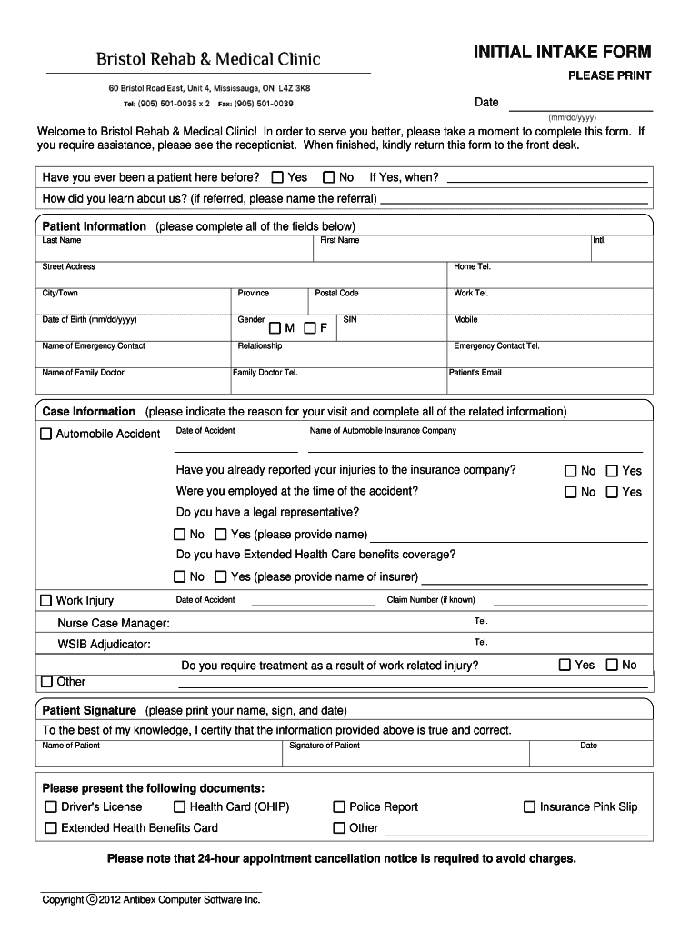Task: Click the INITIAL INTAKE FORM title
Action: tap(562, 52)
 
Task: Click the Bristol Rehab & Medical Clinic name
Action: tap(208, 60)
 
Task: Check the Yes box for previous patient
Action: tap(278, 177)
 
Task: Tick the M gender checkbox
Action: tap(275, 327)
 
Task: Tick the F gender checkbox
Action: tap(310, 327)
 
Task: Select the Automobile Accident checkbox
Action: tap(45, 435)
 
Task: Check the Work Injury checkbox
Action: tap(45, 601)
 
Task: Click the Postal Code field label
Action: tap(336, 294)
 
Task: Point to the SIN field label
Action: tap(350, 320)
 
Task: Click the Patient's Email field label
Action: tap(475, 373)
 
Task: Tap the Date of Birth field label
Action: tap(89, 320)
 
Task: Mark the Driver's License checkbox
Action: tap(51, 807)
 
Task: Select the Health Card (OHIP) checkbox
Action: tap(180, 807)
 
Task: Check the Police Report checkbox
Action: tap(339, 807)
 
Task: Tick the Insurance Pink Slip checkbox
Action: tap(529, 807)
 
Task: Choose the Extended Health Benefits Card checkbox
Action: tap(51, 828)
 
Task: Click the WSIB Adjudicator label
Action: tap(104, 645)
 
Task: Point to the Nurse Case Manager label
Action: tap(113, 624)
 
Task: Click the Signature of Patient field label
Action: tap(324, 746)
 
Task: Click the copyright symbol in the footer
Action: tap(92, 900)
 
